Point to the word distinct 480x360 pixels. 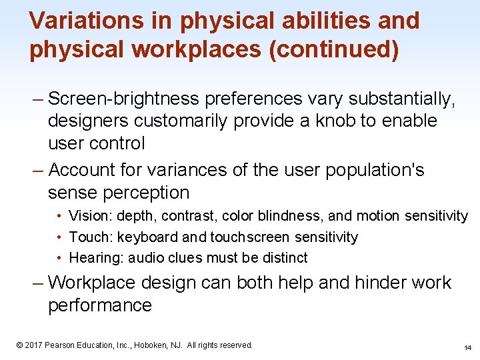click(284, 258)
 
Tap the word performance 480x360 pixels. click(100, 306)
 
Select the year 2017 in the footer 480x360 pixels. click(33, 345)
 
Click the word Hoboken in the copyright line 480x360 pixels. click(154, 345)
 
